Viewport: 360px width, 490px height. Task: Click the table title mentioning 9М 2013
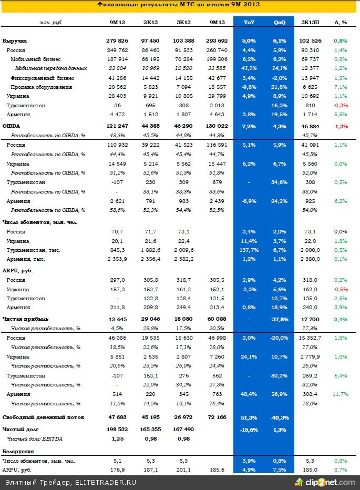(x=179, y=5)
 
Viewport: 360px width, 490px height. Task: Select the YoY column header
(x=250, y=23)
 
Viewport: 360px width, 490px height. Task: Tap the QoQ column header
(x=280, y=23)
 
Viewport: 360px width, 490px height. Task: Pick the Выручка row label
(x=15, y=40)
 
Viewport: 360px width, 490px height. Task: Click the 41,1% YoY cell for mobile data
(x=250, y=68)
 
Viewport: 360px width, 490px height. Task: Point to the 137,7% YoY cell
(x=250, y=250)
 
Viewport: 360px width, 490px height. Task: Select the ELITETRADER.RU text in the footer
(x=104, y=483)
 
